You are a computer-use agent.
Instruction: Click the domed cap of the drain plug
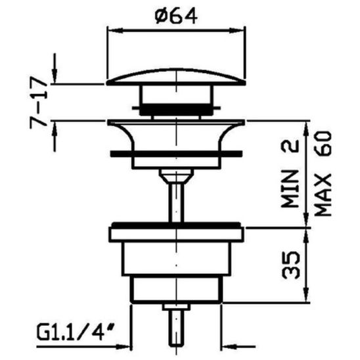coord(174,77)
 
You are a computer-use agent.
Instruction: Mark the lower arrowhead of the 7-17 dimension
coord(56,126)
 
